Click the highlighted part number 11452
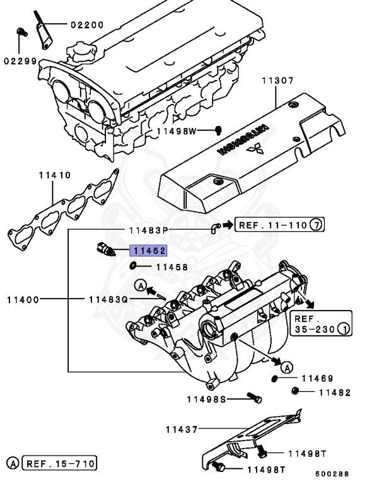tap(148, 251)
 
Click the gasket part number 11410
tap(54, 176)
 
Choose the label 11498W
tap(177, 131)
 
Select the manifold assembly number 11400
tap(23, 299)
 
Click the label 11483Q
tap(108, 299)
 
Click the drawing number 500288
tap(332, 474)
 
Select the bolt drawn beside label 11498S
tap(255, 398)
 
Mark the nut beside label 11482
tap(294, 391)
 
